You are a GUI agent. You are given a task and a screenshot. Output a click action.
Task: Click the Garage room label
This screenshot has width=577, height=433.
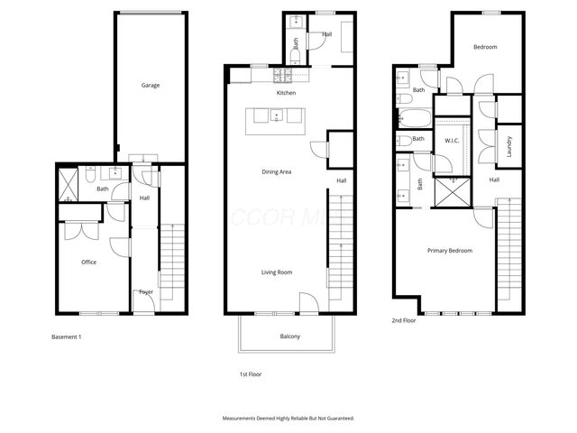click(151, 86)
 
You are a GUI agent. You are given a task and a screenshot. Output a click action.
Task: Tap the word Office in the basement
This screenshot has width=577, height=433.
click(88, 263)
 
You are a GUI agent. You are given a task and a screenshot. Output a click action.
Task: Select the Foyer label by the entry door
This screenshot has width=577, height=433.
click(145, 291)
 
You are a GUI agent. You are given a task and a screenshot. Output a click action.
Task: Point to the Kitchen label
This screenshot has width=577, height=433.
click(286, 93)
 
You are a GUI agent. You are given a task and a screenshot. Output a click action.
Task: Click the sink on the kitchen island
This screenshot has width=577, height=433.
click(278, 115)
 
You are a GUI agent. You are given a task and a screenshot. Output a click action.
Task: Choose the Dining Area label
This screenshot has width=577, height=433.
click(276, 172)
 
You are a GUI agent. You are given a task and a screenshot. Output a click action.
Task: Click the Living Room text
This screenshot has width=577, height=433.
click(276, 272)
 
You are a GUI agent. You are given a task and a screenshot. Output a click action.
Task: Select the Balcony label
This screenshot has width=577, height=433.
click(289, 336)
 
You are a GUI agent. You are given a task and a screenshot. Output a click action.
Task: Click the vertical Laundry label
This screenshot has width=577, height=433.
click(509, 147)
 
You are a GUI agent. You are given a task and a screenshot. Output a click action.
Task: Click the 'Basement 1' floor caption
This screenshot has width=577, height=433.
click(67, 336)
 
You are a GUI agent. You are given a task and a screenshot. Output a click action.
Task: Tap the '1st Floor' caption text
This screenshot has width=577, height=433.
click(249, 373)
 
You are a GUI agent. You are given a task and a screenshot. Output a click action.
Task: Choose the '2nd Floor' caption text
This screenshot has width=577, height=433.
click(403, 320)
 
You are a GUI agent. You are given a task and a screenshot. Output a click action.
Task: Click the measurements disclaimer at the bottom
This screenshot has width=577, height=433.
click(288, 419)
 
